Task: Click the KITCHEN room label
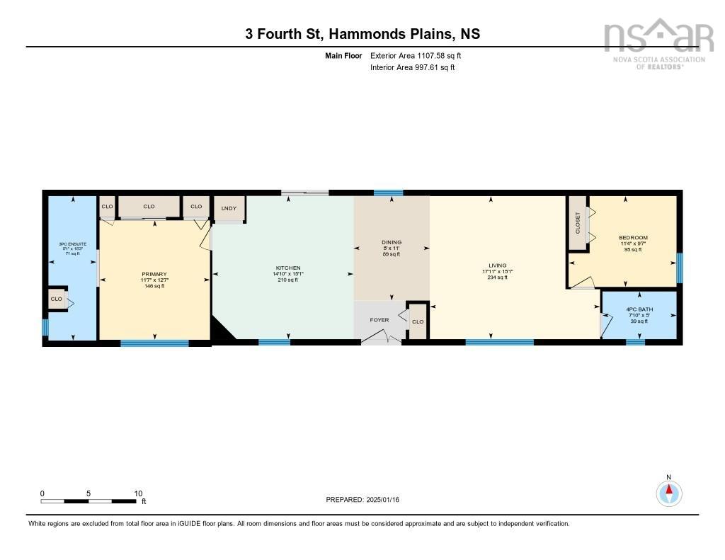[288, 268]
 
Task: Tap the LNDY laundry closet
[228, 208]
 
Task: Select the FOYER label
[379, 320]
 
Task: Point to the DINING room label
[392, 243]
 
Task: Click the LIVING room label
[498, 265]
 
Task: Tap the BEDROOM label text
[632, 238]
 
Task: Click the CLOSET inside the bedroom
[578, 222]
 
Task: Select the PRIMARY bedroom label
[154, 274]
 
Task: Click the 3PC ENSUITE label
[73, 244]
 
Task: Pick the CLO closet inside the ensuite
[57, 300]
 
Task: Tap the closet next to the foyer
[418, 321]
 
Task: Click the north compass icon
[668, 492]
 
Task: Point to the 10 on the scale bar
[138, 493]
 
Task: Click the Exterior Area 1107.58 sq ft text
[416, 55]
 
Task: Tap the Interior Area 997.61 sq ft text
[412, 68]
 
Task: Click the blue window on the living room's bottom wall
[499, 343]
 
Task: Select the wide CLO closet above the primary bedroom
[149, 207]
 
